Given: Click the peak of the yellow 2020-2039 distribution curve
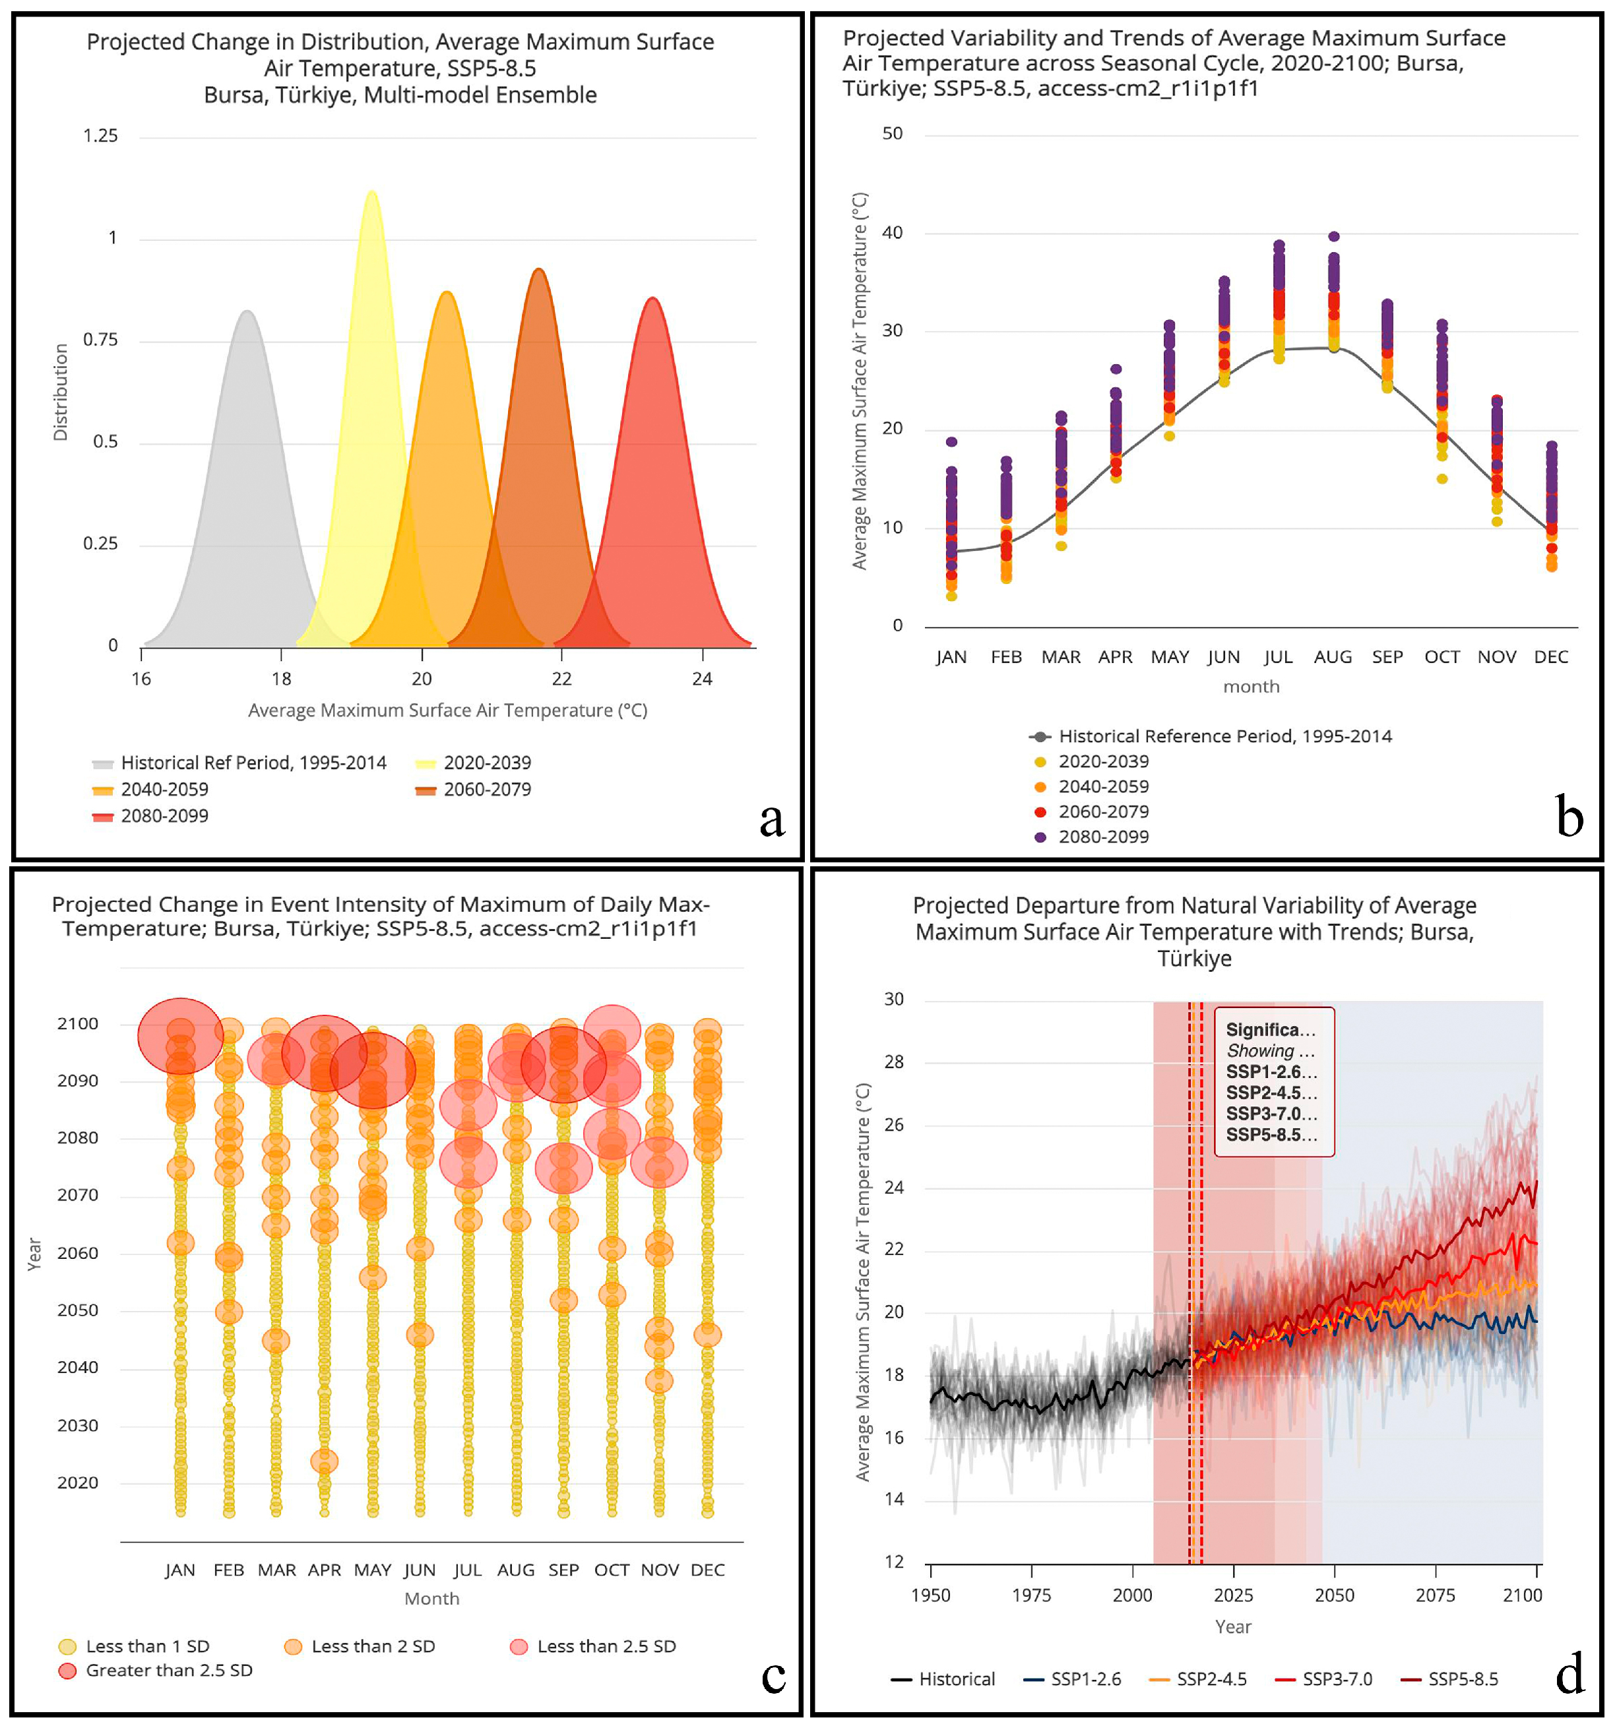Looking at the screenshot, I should click(372, 192).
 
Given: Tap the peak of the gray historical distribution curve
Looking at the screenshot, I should click(248, 311).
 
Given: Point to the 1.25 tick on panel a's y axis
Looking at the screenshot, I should click(100, 137).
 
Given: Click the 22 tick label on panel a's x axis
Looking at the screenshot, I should click(561, 680).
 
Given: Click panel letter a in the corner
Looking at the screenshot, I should click(772, 819).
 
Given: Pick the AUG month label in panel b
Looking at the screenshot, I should click(1333, 658).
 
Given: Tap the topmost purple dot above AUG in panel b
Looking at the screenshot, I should click(1333, 236).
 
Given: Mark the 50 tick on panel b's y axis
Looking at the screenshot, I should click(892, 134).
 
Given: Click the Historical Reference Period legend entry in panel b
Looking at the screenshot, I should click(1224, 737).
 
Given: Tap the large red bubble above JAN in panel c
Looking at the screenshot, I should click(181, 1036).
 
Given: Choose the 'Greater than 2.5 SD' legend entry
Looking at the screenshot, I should click(169, 1671).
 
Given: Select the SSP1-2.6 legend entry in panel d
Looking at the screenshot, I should click(1085, 1679).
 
